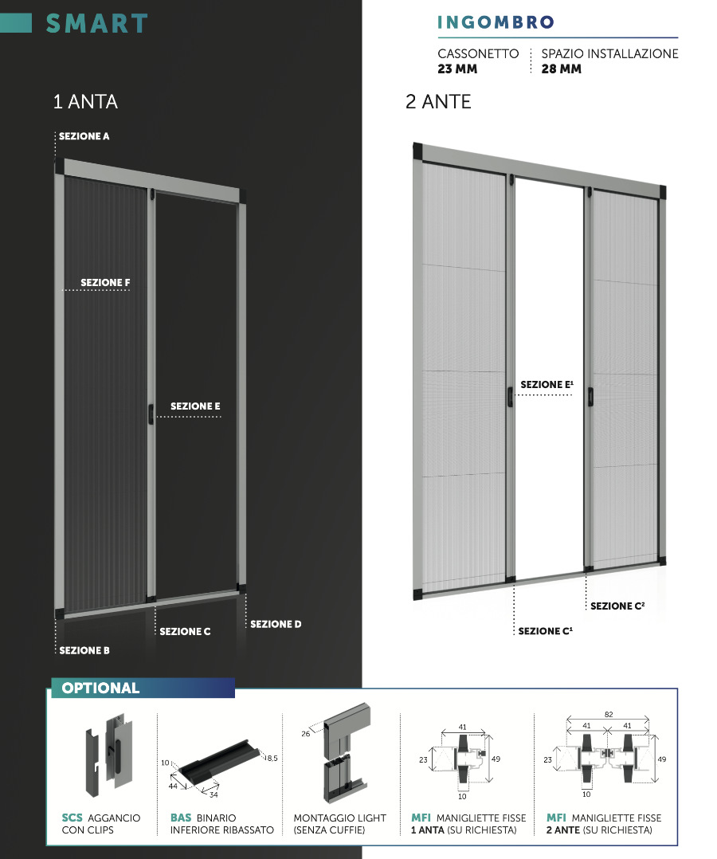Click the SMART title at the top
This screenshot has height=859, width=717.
[x=96, y=24]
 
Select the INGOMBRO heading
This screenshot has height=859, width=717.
[x=495, y=23]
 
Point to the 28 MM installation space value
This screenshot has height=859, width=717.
[x=561, y=69]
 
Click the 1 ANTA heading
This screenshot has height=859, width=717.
[x=84, y=102]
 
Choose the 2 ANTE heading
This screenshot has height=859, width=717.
[x=438, y=102]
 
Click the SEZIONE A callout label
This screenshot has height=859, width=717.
[x=84, y=136]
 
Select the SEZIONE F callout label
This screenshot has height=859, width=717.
[x=105, y=283]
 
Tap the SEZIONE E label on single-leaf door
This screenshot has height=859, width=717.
[x=195, y=406]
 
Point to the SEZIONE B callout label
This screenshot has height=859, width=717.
[x=84, y=650]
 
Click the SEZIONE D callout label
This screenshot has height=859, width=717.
[x=276, y=624]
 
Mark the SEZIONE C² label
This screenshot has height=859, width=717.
[x=617, y=606]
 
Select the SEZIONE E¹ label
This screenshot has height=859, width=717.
[x=547, y=385]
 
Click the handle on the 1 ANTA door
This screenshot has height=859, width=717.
[x=151, y=412]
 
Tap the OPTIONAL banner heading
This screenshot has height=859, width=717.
[x=100, y=688]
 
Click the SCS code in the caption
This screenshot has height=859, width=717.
[x=72, y=818]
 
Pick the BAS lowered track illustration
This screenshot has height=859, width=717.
[x=215, y=761]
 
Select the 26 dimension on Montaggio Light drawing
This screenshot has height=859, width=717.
[x=305, y=734]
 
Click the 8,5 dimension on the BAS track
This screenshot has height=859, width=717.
[x=272, y=759]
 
